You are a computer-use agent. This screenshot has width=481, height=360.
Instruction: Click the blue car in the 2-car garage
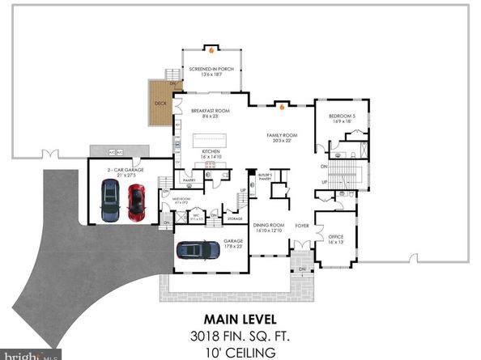(109, 201)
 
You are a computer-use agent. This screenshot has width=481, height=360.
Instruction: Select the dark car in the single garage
(196, 251)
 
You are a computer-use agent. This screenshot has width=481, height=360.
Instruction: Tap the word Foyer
(302, 226)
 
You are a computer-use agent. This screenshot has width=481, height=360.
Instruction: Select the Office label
(335, 236)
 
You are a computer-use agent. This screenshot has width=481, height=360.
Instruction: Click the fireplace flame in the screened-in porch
(211, 50)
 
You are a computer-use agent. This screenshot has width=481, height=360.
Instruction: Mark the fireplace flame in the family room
(280, 104)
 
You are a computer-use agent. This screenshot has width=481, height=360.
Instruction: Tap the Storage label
(235, 218)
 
